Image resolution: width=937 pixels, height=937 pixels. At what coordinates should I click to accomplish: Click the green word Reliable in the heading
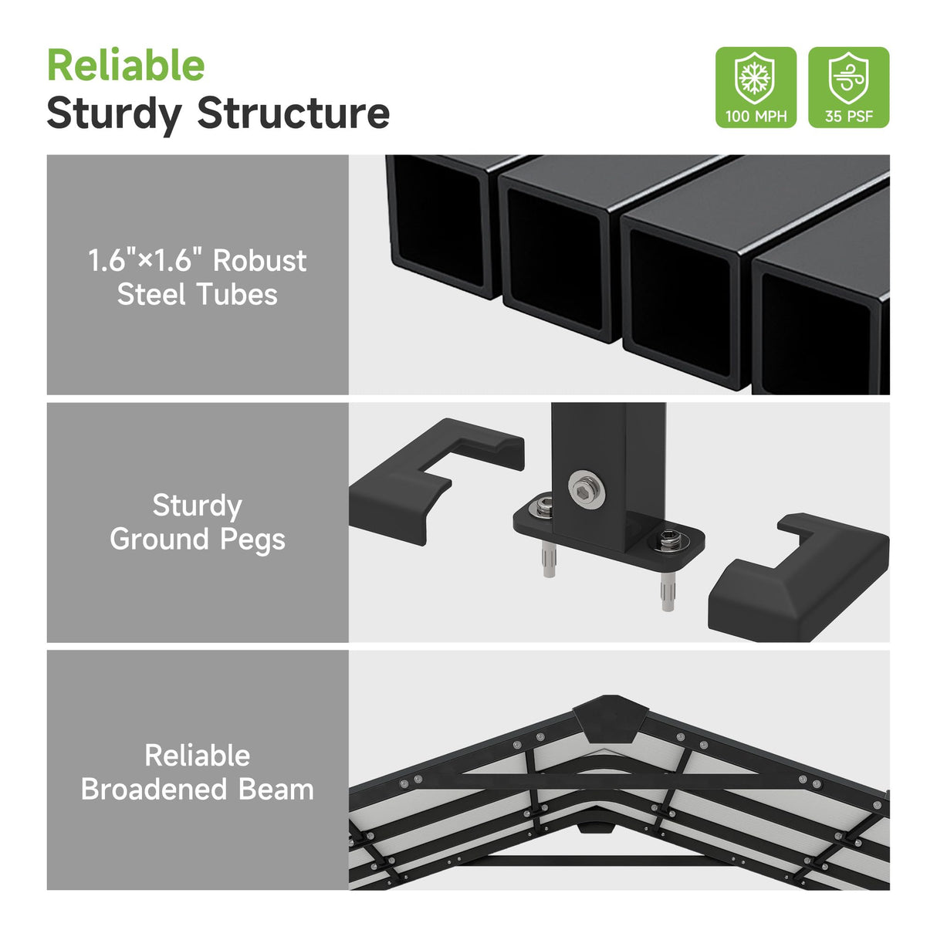(x=126, y=66)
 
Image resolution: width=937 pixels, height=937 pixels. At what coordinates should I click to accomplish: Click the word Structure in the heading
(x=293, y=113)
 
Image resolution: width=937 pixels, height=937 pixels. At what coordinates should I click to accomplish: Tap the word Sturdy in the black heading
(x=113, y=113)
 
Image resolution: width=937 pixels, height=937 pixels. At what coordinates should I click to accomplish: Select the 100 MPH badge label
(x=756, y=117)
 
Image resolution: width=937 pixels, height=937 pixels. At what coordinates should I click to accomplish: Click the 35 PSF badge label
(x=848, y=117)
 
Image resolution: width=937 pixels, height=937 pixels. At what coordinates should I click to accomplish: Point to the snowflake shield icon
(x=755, y=78)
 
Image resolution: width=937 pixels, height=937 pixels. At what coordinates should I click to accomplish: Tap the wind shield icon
(x=848, y=78)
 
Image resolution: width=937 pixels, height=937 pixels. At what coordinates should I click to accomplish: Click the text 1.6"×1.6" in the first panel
(x=144, y=261)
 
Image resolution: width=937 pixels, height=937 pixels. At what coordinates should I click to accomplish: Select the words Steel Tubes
(x=197, y=295)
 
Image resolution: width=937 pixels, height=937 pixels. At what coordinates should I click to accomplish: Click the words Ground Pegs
(x=197, y=540)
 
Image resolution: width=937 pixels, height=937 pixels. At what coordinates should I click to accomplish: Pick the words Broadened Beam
(x=197, y=790)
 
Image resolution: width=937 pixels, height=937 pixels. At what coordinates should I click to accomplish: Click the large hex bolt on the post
(x=586, y=489)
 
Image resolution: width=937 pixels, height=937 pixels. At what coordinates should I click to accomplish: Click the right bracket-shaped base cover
(x=795, y=579)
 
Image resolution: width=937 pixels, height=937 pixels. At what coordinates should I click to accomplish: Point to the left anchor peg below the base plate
(x=548, y=557)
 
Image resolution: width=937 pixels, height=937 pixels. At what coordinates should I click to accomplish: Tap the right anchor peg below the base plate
(x=667, y=590)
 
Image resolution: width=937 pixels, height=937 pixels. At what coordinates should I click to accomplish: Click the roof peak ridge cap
(x=611, y=716)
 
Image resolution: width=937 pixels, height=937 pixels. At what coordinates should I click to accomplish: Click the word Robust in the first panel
(x=259, y=261)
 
